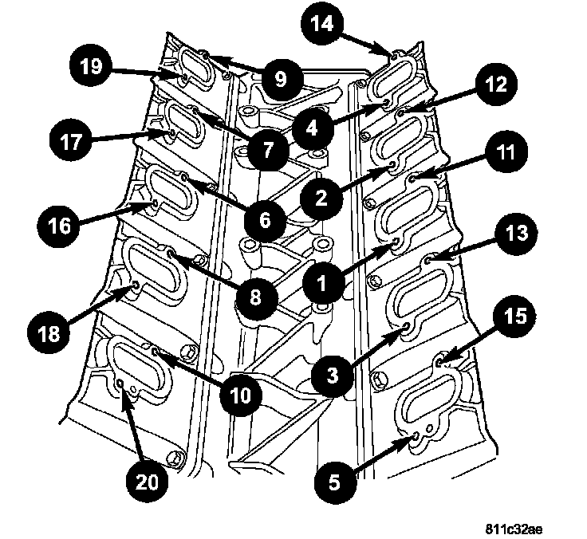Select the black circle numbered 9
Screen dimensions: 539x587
click(279, 80)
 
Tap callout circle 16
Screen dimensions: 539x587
click(61, 226)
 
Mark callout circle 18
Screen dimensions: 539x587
click(49, 330)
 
